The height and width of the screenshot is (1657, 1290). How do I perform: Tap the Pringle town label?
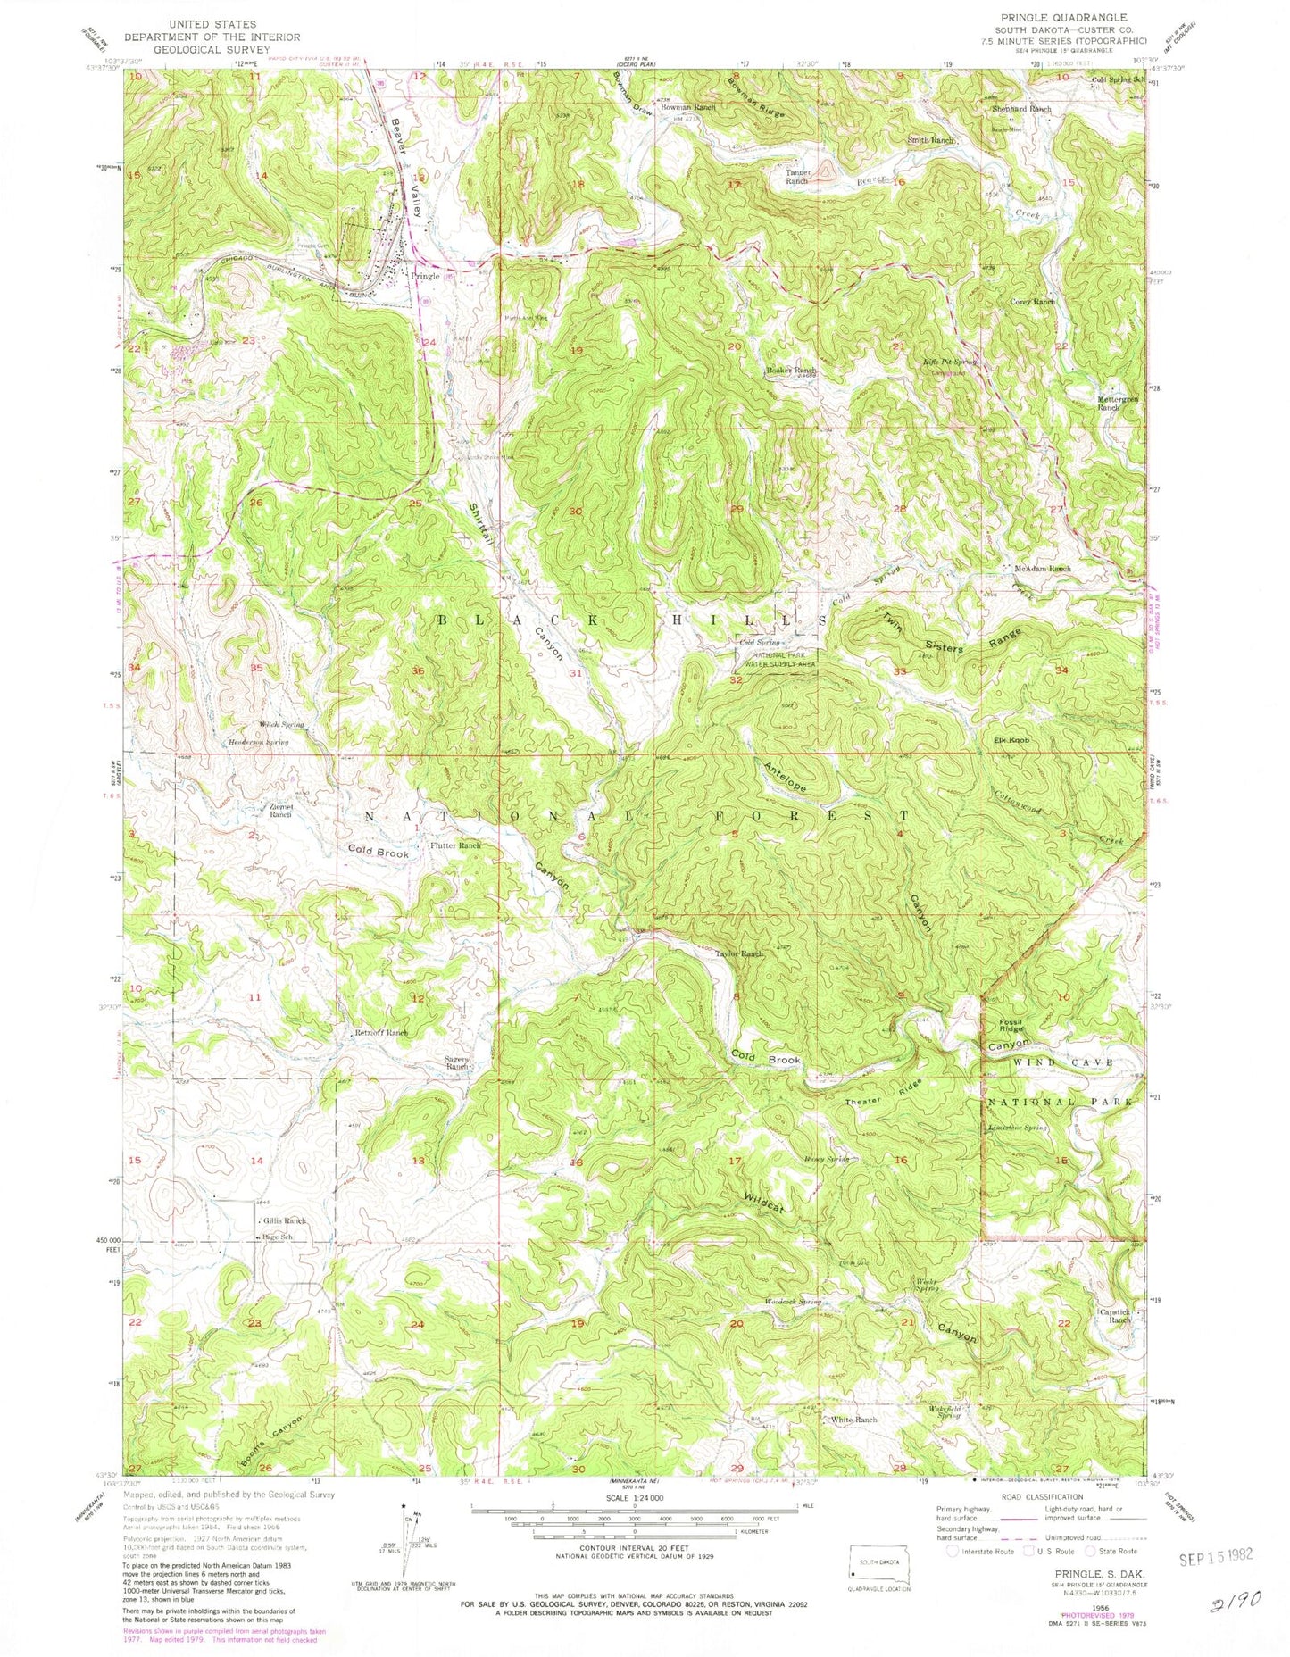pyautogui.click(x=425, y=277)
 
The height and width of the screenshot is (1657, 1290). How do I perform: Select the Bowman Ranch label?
pyautogui.click(x=688, y=107)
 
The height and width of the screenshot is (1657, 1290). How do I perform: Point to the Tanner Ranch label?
pyautogui.click(x=796, y=177)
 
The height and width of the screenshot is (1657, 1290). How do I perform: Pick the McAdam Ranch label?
pyautogui.click(x=1043, y=569)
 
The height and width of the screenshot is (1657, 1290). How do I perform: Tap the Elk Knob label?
pyautogui.click(x=1012, y=741)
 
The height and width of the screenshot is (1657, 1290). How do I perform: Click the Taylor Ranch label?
pyautogui.click(x=739, y=954)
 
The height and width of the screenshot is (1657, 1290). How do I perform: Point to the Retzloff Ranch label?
pyautogui.click(x=381, y=1033)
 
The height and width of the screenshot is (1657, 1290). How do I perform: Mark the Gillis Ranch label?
pyautogui.click(x=284, y=1220)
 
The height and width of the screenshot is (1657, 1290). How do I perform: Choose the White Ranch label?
pyautogui.click(x=854, y=1419)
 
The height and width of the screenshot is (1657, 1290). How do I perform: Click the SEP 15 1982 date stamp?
pyautogui.click(x=1215, y=1555)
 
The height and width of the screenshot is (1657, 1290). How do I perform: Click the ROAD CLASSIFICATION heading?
pyautogui.click(x=1046, y=1497)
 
